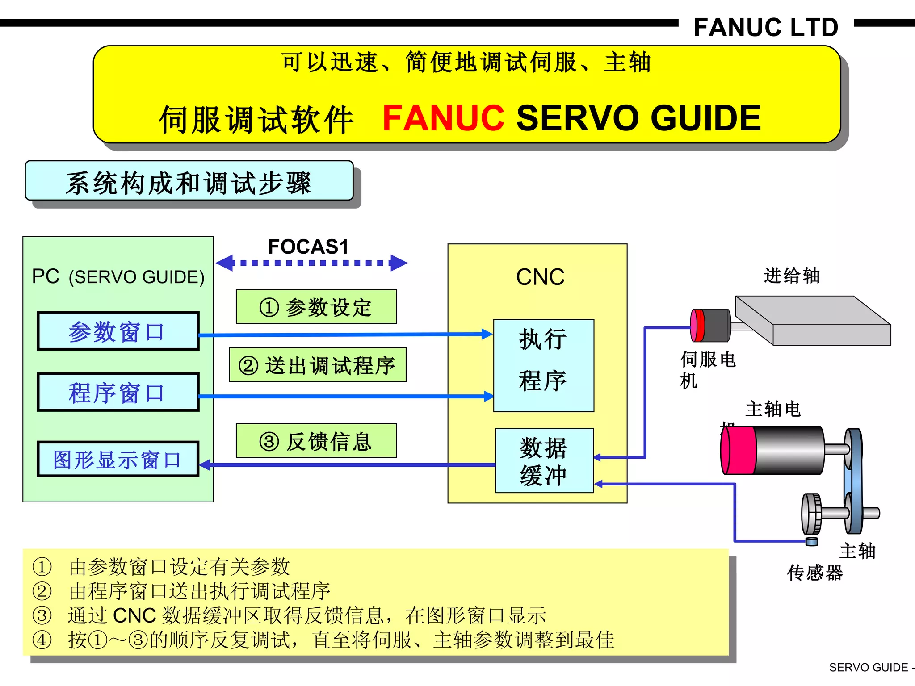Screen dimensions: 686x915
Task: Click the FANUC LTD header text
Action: click(x=766, y=28)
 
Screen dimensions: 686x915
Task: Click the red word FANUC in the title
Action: click(x=443, y=118)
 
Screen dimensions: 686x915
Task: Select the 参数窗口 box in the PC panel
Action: click(x=118, y=331)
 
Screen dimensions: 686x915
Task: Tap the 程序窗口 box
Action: click(x=118, y=393)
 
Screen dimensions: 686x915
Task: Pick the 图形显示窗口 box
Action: click(x=118, y=460)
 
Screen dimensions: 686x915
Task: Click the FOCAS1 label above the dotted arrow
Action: click(x=308, y=247)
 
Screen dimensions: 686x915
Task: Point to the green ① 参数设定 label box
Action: click(x=316, y=307)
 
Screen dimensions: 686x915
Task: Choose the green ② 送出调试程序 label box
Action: click(x=317, y=365)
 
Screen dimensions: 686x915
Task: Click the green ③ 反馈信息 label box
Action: click(x=316, y=441)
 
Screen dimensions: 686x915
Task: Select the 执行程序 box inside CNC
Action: click(x=543, y=365)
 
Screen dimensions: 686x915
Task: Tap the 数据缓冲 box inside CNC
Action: click(x=544, y=460)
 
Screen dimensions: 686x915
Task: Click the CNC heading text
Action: click(x=540, y=277)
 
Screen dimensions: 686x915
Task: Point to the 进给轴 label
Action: click(x=791, y=276)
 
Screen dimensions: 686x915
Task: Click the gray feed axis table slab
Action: click(x=813, y=320)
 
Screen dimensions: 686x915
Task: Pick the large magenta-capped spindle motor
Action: click(x=773, y=450)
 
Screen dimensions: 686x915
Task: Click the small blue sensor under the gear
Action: click(x=812, y=542)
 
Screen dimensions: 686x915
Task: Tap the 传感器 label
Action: click(x=815, y=573)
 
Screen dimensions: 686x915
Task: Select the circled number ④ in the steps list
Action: click(x=42, y=640)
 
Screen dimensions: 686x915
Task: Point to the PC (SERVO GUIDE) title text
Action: click(x=118, y=277)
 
